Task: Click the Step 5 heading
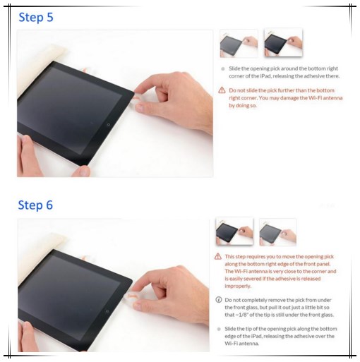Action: click(x=35, y=17)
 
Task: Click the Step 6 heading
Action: click(x=35, y=205)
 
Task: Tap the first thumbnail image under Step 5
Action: click(x=239, y=43)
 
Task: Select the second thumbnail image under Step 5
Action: click(x=282, y=43)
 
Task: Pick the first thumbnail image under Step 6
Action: click(x=234, y=231)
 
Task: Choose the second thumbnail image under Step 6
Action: click(x=277, y=231)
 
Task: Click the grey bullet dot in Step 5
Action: click(x=222, y=69)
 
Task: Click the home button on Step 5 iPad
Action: click(x=108, y=123)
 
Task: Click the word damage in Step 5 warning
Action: click(x=287, y=98)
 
